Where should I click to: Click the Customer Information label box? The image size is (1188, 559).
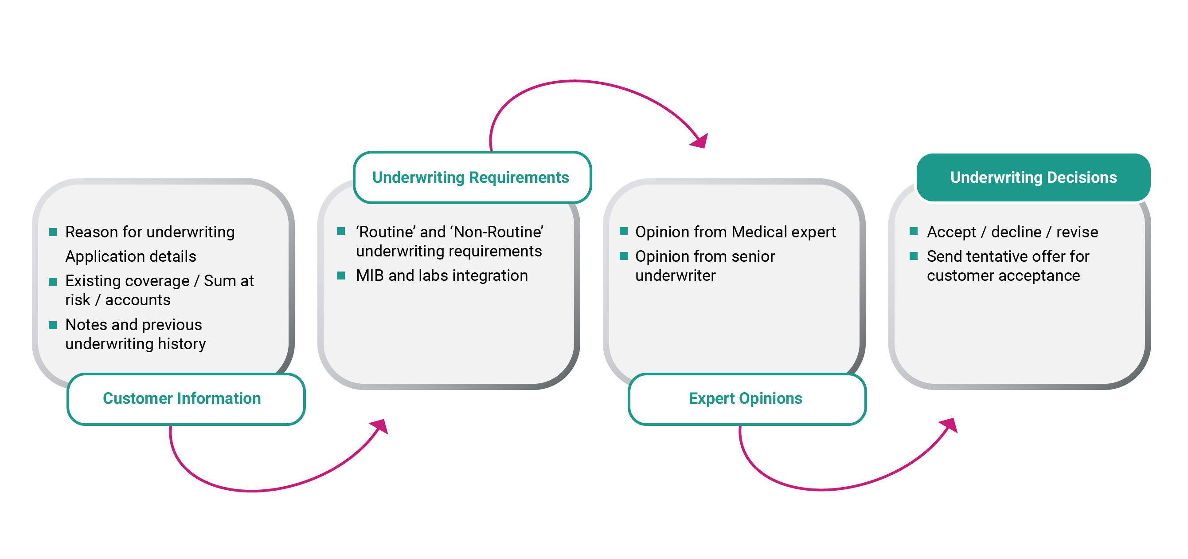pyautogui.click(x=186, y=399)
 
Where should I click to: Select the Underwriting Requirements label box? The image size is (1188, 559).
pyautogui.click(x=472, y=177)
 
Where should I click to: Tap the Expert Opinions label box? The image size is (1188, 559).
pyautogui.click(x=747, y=399)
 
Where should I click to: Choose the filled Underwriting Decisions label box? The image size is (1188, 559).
pyautogui.click(x=1033, y=177)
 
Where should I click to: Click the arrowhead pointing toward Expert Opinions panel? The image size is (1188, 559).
pyautogui.click(x=700, y=140)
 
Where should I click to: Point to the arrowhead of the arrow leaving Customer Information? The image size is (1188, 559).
pyautogui.click(x=379, y=426)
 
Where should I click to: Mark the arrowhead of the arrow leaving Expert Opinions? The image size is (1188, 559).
pyautogui.click(x=949, y=425)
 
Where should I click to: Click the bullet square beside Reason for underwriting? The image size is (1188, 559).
pyautogui.click(x=53, y=232)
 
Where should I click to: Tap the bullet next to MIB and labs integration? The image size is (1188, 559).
pyautogui.click(x=341, y=276)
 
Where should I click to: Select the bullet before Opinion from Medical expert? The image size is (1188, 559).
pyautogui.click(x=624, y=231)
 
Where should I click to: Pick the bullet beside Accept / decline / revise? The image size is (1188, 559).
pyautogui.click(x=914, y=231)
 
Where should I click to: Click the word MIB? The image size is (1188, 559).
pyautogui.click(x=370, y=276)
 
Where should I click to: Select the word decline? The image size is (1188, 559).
pyautogui.click(x=1016, y=232)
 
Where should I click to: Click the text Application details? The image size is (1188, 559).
pyautogui.click(x=131, y=256)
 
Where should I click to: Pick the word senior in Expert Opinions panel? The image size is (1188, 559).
pyautogui.click(x=753, y=256)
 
